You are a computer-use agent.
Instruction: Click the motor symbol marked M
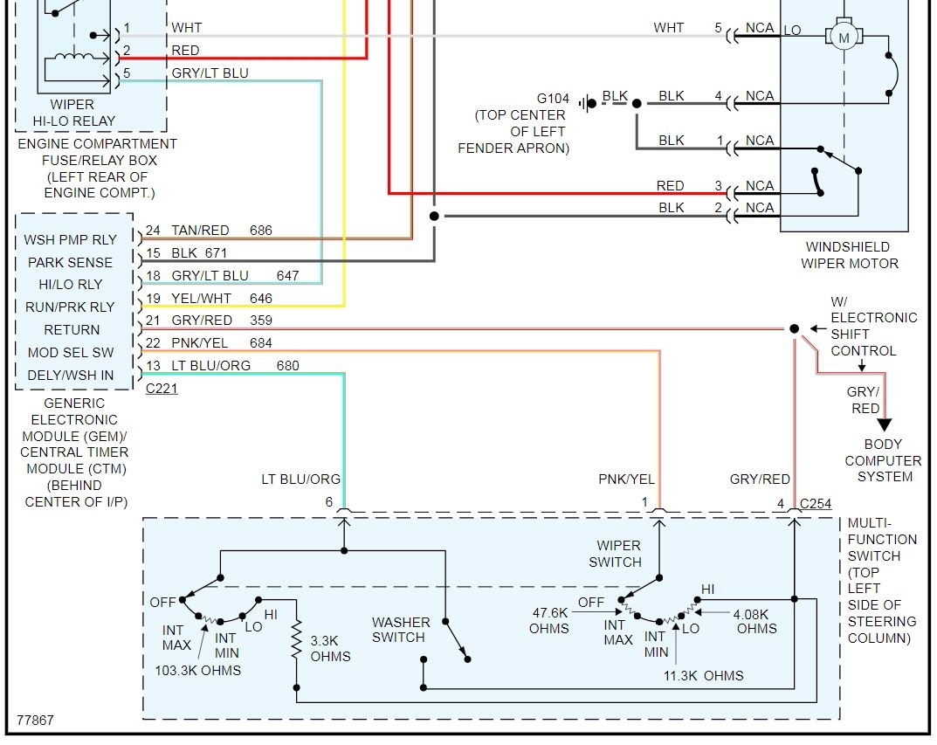pos(843,37)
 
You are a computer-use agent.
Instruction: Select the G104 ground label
pos(552,98)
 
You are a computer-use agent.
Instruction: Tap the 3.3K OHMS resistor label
pos(330,648)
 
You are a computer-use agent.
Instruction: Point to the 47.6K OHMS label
pos(548,620)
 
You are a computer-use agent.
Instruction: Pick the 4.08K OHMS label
pos(755,620)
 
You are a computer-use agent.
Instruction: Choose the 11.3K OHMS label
pos(702,675)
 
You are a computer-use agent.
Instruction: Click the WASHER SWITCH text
pos(401,630)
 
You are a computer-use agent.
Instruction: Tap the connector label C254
pos(816,504)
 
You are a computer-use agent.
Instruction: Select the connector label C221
pos(162,389)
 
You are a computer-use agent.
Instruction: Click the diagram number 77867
pos(35,721)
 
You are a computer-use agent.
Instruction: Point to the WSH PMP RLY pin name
pos(69,239)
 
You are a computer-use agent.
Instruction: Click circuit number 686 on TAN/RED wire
pos(260,231)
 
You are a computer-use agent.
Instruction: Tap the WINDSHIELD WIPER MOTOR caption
pos(847,255)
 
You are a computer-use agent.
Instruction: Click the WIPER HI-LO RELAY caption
pos(83,113)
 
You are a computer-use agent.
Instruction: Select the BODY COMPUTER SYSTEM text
pos(883,460)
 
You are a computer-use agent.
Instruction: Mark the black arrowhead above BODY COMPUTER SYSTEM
pos(885,424)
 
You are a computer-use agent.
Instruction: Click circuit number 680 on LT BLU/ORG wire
pos(287,365)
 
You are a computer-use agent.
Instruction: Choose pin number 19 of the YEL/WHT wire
pos(153,299)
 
